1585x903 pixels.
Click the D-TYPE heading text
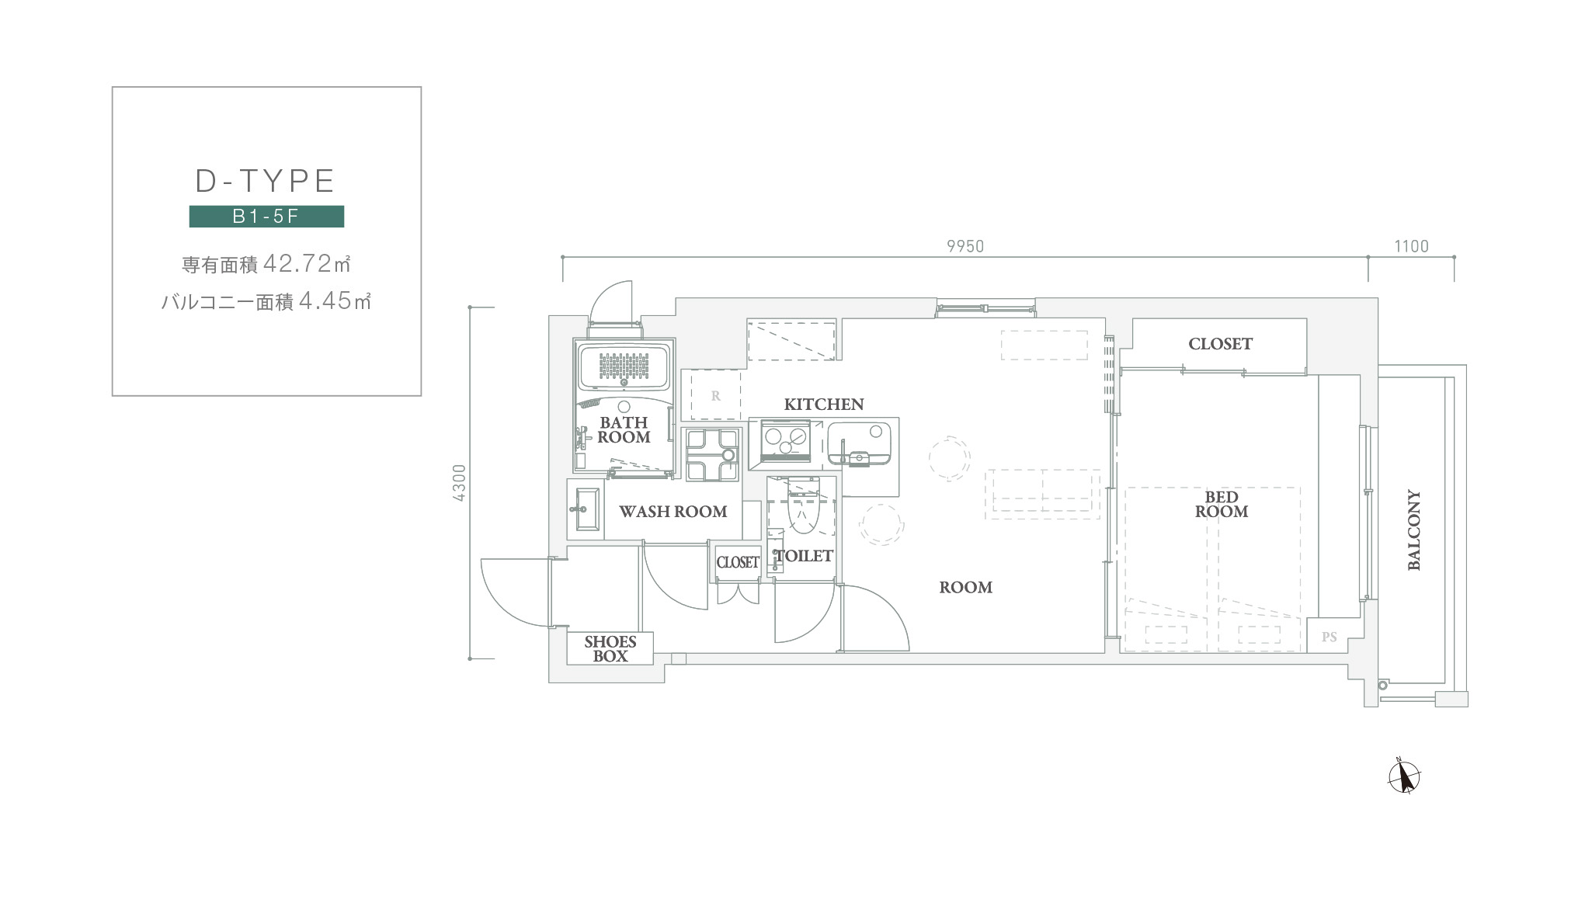(265, 181)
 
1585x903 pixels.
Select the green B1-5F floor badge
(266, 216)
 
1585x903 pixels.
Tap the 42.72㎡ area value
(308, 264)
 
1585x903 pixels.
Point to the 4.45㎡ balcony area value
(335, 300)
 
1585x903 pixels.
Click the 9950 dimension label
(965, 246)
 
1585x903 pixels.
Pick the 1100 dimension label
(1411, 246)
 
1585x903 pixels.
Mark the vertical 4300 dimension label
(459, 483)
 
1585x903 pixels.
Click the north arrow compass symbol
(1404, 776)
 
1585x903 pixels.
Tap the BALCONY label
(1414, 530)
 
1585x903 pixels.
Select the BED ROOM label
(1222, 505)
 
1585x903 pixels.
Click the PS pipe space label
(1330, 637)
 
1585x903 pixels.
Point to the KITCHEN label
(824, 405)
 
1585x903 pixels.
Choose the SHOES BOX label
(610, 649)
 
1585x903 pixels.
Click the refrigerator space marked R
(715, 396)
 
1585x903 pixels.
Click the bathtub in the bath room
(624, 366)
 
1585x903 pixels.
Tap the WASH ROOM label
(673, 512)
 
